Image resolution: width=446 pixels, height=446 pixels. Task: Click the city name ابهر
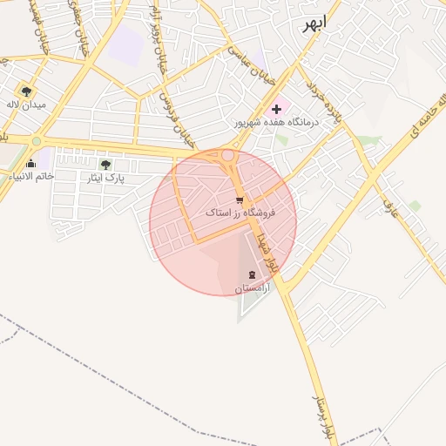313,23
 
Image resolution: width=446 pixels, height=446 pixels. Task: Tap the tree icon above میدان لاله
27,90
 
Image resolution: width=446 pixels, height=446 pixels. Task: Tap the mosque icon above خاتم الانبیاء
31,163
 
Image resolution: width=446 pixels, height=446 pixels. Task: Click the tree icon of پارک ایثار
105,164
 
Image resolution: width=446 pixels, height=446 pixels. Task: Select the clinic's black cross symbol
276,109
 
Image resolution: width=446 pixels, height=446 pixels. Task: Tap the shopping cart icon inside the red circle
240,200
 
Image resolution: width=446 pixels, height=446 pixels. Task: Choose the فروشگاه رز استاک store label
240,213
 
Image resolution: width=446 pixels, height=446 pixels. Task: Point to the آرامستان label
253,287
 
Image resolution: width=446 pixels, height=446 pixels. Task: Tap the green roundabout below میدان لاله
37,140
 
